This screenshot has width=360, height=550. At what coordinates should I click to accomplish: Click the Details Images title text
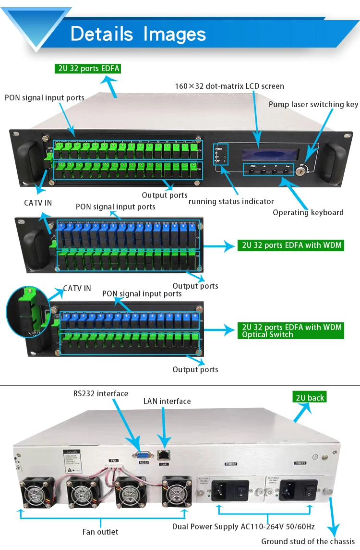138,34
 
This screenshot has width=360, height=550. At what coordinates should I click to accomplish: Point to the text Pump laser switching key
313,104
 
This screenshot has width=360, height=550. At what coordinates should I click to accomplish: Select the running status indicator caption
231,201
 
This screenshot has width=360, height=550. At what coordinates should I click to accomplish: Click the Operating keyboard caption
308,212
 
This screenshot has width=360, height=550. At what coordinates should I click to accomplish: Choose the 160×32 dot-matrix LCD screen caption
229,86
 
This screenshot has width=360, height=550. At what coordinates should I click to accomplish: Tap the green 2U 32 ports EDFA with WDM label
291,245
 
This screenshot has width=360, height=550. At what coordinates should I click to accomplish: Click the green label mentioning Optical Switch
291,331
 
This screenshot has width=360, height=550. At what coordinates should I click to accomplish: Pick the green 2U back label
310,397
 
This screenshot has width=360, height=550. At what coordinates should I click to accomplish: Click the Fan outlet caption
100,532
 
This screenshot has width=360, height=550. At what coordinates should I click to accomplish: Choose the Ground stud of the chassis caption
308,541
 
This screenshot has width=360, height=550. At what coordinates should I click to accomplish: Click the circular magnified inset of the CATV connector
28,313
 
